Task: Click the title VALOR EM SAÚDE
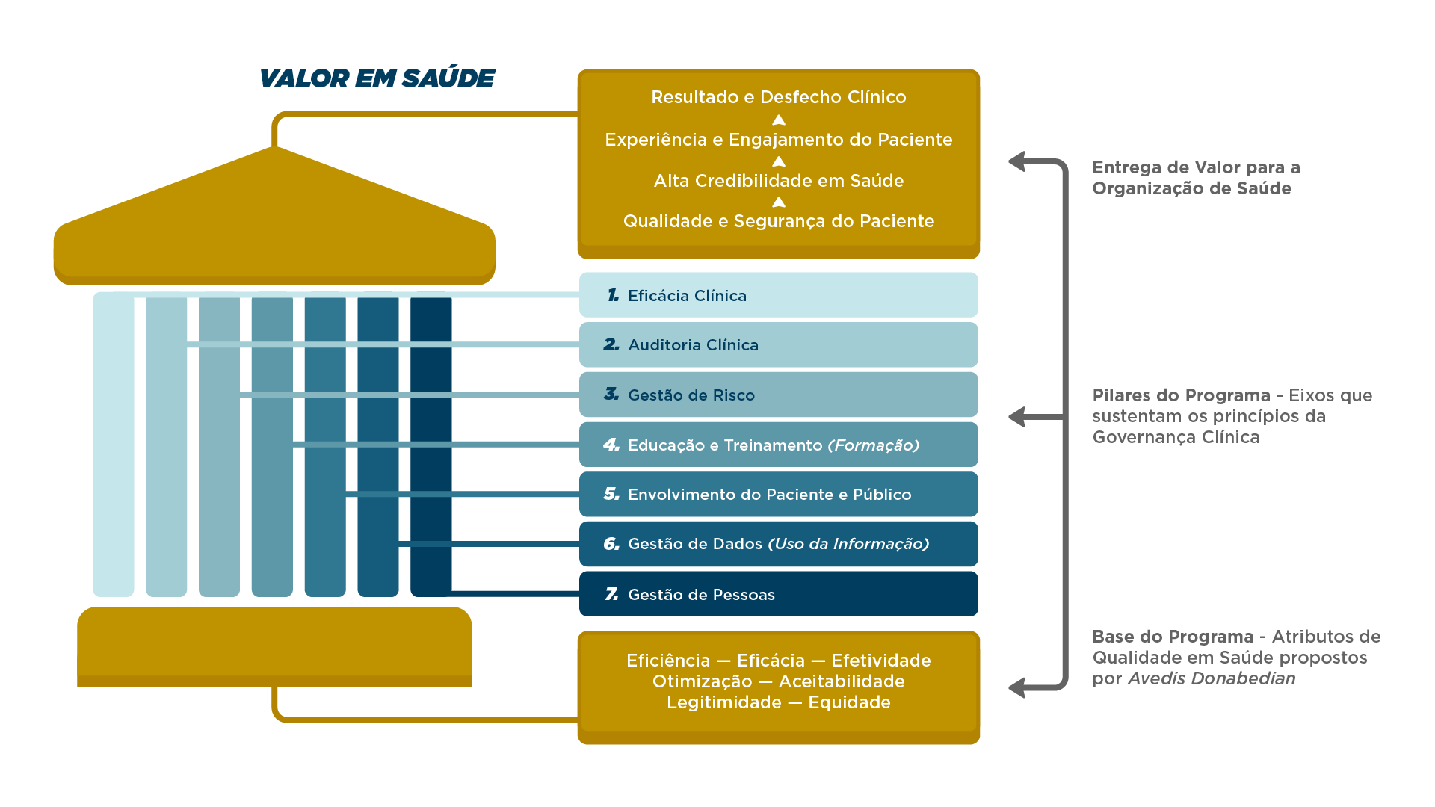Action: coord(377,78)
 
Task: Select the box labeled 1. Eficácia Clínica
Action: coord(778,295)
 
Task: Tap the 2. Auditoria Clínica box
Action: coord(778,345)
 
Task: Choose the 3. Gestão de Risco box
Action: coord(778,395)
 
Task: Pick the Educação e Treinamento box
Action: coord(778,445)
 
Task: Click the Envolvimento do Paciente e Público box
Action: coord(778,494)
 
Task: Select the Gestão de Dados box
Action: coord(778,544)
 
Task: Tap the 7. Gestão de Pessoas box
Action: coord(778,594)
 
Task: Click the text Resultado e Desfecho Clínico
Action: coord(778,97)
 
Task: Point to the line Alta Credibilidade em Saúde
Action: coord(778,181)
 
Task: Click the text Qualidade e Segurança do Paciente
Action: coord(778,221)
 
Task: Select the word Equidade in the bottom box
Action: coord(849,702)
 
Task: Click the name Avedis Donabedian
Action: coord(1211,678)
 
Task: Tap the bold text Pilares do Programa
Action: coord(1181,395)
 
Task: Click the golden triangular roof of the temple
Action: coord(274,217)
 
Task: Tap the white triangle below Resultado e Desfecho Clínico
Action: coord(778,120)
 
